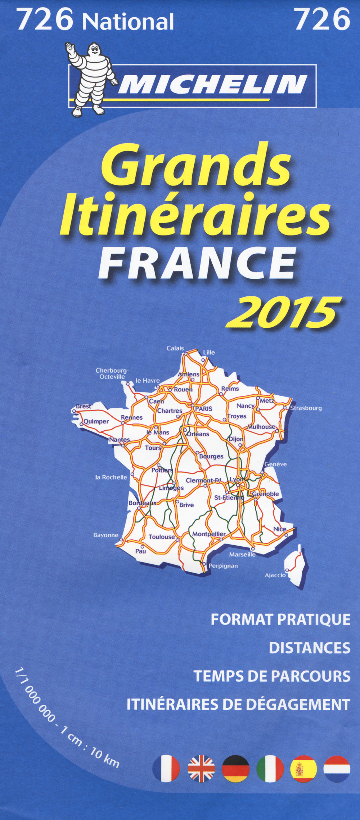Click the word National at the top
click(x=128, y=22)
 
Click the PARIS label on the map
click(x=204, y=409)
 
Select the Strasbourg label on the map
click(x=306, y=408)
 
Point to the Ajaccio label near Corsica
click(x=275, y=575)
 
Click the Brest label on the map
click(x=84, y=406)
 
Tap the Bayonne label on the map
click(x=106, y=535)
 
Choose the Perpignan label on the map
click(x=223, y=566)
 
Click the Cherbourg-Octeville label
click(x=112, y=373)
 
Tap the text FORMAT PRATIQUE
click(x=280, y=620)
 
